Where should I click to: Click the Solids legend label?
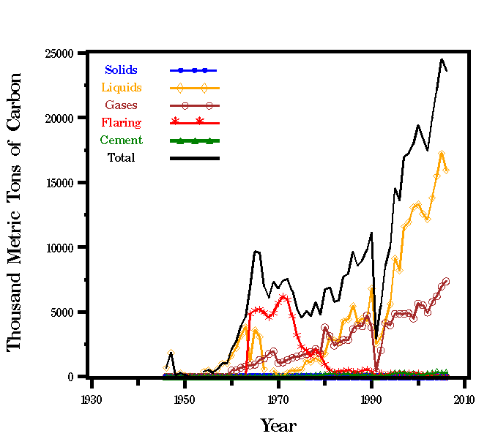point(121,70)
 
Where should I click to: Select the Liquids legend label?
point(121,88)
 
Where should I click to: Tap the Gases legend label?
point(121,105)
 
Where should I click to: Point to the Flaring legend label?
point(121,123)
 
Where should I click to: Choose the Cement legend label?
point(121,140)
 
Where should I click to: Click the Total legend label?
point(121,157)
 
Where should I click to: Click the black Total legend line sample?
point(195,157)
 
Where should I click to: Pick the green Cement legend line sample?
point(195,140)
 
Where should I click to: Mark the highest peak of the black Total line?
point(442,59)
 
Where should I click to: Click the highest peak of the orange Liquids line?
point(442,154)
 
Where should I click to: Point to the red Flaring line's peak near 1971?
point(283,296)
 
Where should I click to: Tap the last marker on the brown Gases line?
point(446,281)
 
